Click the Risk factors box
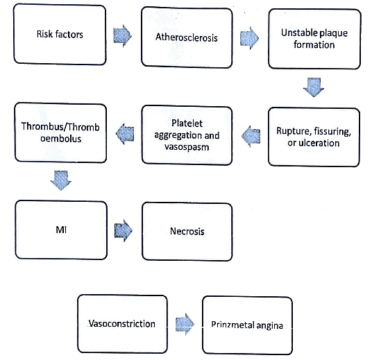point(60,34)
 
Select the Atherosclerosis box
point(187,37)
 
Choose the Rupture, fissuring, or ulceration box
point(314,135)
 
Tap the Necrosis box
point(187,232)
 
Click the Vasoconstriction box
point(122,324)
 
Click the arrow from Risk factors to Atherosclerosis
point(124,35)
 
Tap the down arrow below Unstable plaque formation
point(314,87)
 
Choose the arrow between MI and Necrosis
point(124,229)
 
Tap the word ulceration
point(319,143)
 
